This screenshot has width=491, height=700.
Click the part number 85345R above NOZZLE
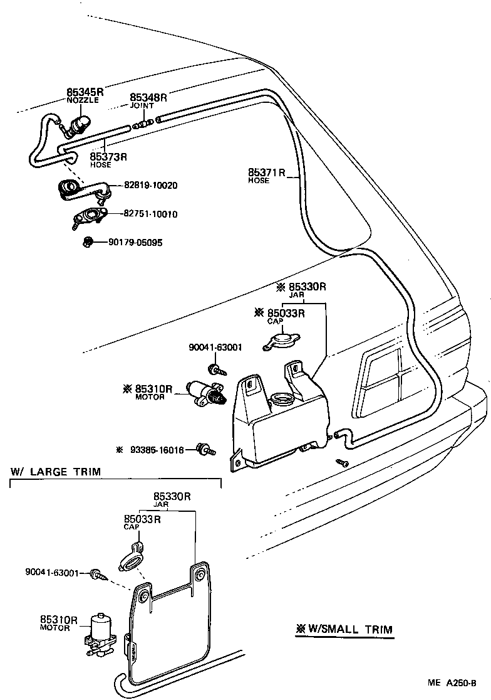85,92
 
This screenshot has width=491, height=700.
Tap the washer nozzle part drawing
78,125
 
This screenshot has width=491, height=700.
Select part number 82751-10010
150,215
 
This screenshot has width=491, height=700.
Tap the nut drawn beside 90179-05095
88,241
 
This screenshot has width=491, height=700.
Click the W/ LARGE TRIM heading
55,472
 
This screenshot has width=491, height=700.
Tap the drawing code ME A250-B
453,683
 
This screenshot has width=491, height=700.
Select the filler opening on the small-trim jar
282,400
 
